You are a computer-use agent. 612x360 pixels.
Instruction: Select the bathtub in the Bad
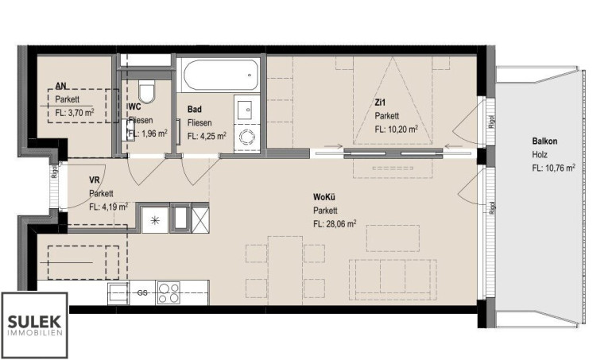[221, 75]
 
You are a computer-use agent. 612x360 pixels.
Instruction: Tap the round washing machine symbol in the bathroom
[246, 137]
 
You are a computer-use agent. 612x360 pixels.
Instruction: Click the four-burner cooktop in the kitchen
[168, 292]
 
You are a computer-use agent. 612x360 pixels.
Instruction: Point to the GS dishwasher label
[142, 292]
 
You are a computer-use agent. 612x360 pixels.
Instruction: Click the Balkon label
[544, 141]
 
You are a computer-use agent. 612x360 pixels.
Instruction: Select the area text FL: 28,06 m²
[335, 224]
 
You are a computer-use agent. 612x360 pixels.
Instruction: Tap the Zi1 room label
[380, 103]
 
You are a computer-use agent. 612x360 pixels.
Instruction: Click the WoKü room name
[324, 196]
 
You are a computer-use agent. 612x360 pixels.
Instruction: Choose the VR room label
[95, 180]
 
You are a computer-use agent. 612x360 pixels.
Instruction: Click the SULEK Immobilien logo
[35, 325]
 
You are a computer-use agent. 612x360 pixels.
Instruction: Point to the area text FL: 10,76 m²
[553, 168]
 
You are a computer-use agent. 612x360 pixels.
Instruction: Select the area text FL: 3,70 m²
[75, 113]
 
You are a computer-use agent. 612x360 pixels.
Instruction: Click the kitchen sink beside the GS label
[118, 292]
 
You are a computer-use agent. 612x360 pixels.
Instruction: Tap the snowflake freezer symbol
[155, 220]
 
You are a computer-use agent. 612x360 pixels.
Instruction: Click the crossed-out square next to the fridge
[200, 220]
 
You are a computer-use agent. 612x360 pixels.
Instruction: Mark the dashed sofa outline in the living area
[393, 280]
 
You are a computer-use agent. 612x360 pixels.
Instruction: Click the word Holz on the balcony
[540, 155]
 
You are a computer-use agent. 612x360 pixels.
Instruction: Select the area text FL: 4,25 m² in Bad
[207, 136]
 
